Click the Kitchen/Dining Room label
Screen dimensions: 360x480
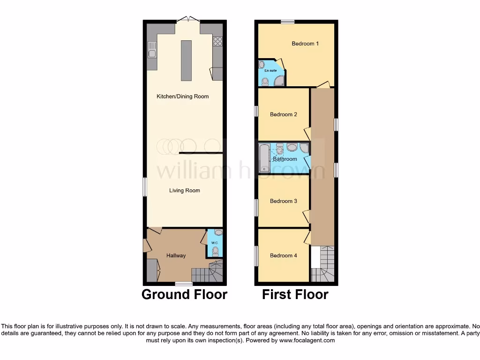[x=182, y=97]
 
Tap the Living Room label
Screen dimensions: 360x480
[x=184, y=190]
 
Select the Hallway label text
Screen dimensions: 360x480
[x=176, y=255]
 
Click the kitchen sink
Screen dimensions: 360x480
[x=152, y=49]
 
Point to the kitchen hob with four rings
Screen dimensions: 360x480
[x=217, y=41]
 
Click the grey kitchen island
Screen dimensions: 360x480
[x=186, y=60]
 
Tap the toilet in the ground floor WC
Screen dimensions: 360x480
[x=215, y=252]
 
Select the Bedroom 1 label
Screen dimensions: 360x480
[x=305, y=44]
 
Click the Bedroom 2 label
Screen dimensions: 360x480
[x=283, y=114]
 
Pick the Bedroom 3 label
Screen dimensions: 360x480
[x=283, y=201]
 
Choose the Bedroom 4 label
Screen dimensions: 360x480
[x=283, y=255]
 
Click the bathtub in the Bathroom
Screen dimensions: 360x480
[x=263, y=158]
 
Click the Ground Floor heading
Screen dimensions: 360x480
[x=184, y=294]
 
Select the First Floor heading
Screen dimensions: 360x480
[x=295, y=294]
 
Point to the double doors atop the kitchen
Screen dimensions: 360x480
[x=188, y=20]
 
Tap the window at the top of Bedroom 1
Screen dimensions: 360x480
[x=287, y=22]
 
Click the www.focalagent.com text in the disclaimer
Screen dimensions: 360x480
[x=307, y=340]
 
